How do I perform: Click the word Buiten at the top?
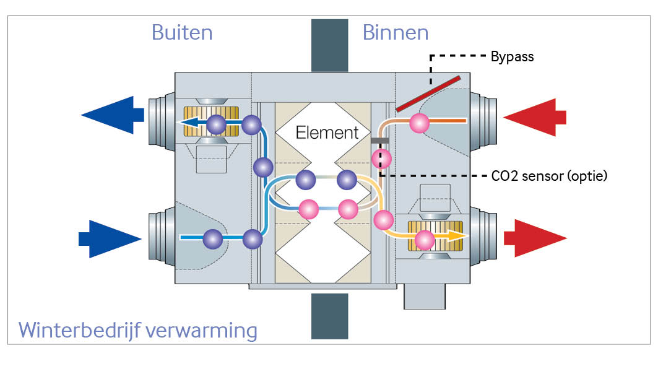182,32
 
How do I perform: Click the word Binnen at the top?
396,32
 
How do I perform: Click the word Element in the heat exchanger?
327,132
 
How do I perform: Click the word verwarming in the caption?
204,329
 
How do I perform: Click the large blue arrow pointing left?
112,115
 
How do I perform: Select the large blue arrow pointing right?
111,238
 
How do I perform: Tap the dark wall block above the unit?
329,45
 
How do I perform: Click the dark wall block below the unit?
329,316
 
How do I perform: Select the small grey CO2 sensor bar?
379,141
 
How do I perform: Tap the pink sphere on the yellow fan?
425,240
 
